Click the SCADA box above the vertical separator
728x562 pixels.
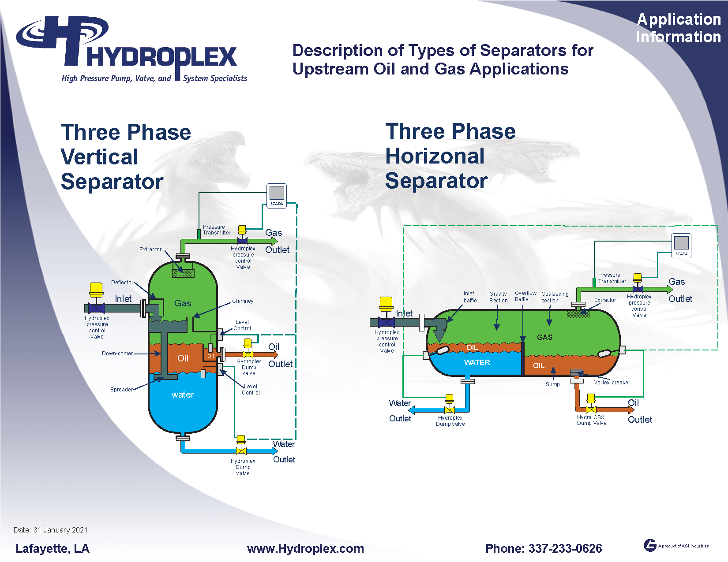point(277,195)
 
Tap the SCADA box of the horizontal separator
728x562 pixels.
point(681,245)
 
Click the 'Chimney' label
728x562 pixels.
point(243,301)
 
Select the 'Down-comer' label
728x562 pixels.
point(117,354)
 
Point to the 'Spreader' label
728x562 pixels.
point(121,390)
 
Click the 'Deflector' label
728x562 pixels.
point(122,283)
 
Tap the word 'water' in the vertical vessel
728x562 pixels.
point(183,395)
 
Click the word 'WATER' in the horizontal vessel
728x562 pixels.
point(477,362)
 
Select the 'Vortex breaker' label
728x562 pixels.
point(612,383)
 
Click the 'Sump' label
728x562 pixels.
point(552,384)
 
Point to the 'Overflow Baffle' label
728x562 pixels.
point(525,296)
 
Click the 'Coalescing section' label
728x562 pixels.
point(555,297)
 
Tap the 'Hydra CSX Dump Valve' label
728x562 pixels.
point(592,420)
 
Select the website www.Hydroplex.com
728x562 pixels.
point(305,549)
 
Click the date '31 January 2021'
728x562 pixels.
point(60,530)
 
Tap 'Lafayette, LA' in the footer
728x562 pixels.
point(53,549)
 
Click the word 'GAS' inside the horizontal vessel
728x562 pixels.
point(544,337)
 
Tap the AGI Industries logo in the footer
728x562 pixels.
point(650,545)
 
